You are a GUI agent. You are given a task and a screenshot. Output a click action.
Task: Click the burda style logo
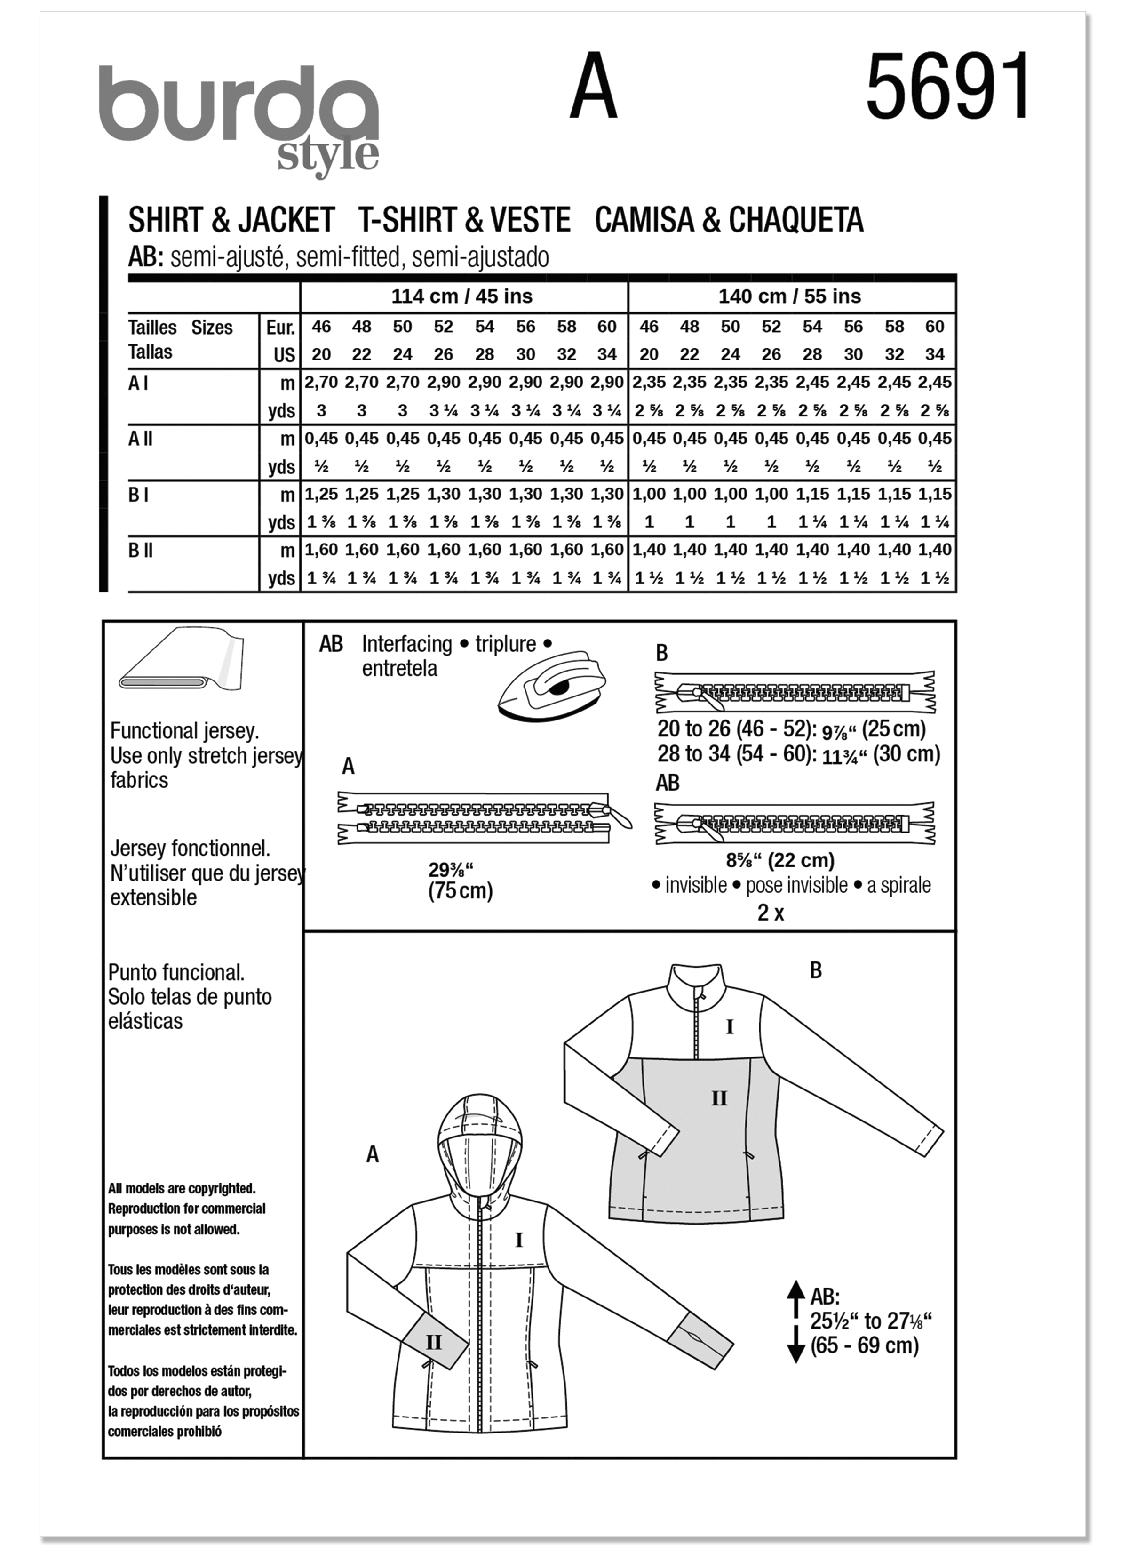[x=239, y=116]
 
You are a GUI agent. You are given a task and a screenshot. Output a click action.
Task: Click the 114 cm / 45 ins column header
[x=461, y=296]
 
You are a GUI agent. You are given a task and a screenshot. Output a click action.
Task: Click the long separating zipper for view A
[x=479, y=819]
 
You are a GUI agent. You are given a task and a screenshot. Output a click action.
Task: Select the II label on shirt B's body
[x=719, y=1099]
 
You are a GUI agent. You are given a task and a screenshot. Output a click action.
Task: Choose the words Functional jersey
[x=184, y=731]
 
